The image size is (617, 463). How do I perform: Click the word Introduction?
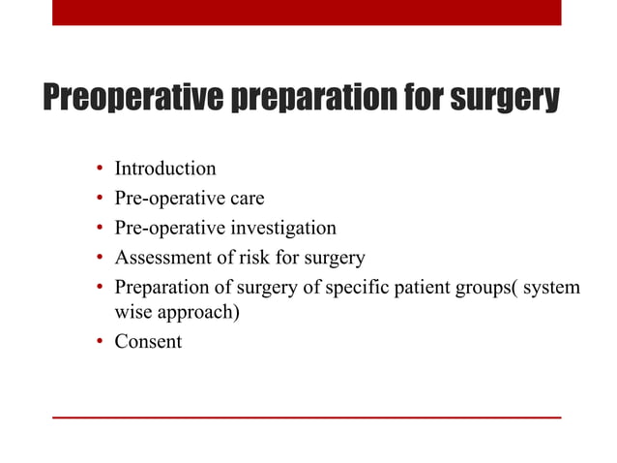[x=165, y=169]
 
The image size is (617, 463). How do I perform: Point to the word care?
[x=246, y=199]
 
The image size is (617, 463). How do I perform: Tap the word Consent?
[x=148, y=342]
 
